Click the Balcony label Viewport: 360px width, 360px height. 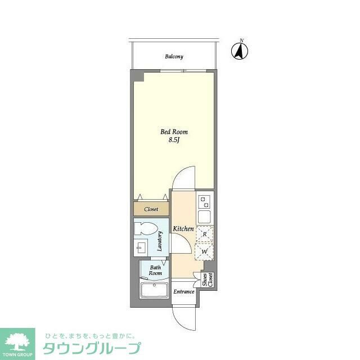(174, 57)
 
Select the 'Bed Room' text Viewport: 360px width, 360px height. (174, 132)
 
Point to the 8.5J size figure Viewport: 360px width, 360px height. (173, 140)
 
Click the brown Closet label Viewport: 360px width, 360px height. (151, 209)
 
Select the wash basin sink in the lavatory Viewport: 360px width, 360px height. (141, 247)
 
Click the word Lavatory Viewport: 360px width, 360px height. (160, 241)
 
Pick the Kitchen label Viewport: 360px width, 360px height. (183, 229)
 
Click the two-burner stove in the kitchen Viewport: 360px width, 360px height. (204, 201)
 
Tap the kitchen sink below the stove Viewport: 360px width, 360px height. (204, 216)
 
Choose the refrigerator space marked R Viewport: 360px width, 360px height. (204, 233)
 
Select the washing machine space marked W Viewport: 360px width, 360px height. (204, 251)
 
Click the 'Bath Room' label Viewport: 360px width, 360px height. (155, 270)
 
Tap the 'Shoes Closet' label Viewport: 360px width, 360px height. (208, 280)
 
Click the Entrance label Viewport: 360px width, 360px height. (183, 291)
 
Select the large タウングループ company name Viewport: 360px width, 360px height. (92, 348)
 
